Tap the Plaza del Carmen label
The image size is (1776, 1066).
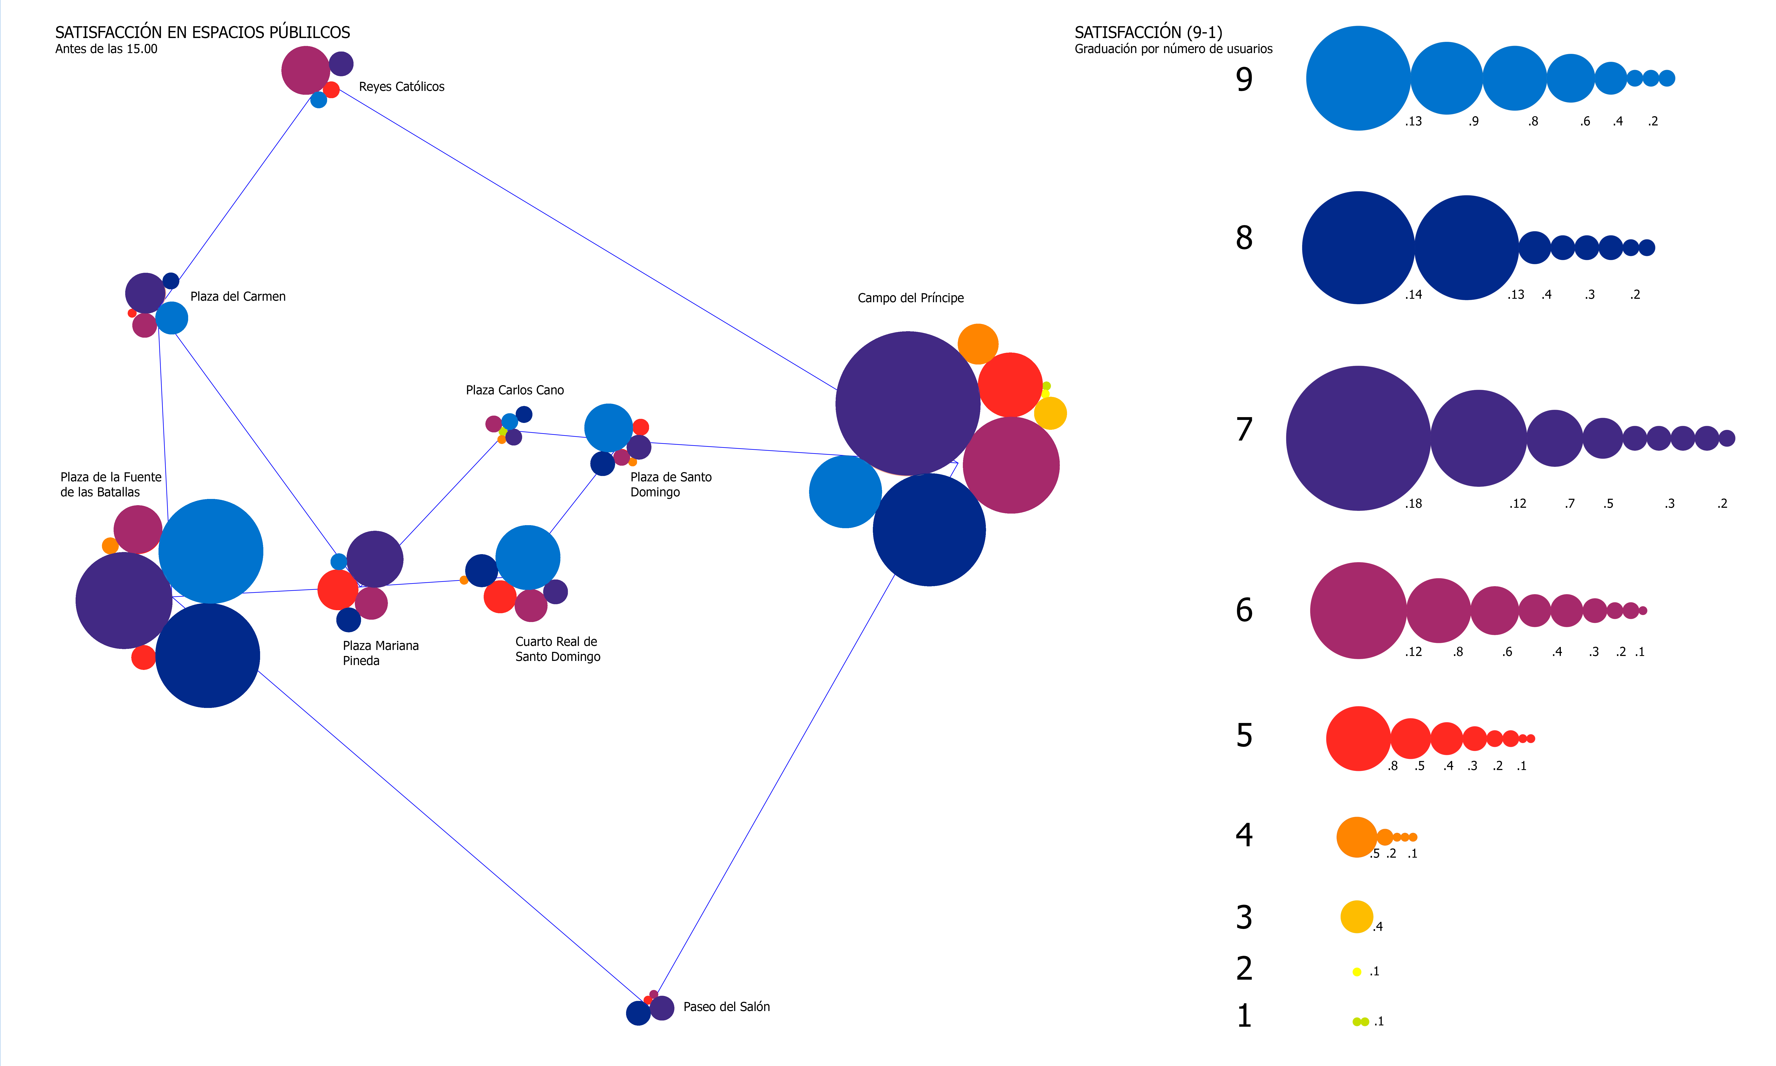tap(238, 297)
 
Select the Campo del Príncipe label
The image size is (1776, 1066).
tap(911, 298)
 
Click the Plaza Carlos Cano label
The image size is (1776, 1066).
tap(515, 390)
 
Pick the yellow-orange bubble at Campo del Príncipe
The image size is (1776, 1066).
tap(1050, 413)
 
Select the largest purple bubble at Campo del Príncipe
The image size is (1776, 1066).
tap(908, 403)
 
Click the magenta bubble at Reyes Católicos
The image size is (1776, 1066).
tap(305, 70)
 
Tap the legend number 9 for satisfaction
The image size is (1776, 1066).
tap(1244, 79)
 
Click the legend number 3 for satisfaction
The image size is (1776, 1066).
tap(1244, 917)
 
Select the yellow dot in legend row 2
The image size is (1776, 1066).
tap(1357, 972)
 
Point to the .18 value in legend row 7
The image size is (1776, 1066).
tap(1413, 503)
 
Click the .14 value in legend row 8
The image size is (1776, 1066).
tap(1413, 294)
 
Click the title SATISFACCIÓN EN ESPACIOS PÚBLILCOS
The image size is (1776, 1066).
tap(203, 32)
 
